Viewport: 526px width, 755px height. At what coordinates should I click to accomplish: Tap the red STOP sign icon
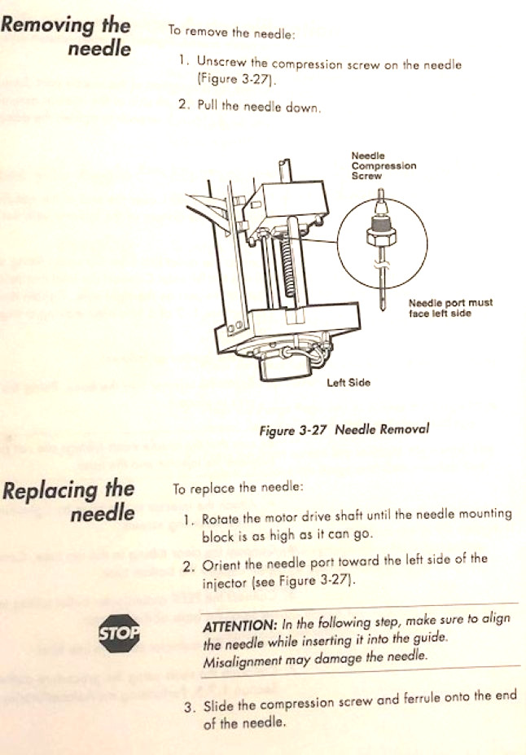(119, 631)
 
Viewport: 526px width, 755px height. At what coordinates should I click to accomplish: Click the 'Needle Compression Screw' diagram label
(383, 165)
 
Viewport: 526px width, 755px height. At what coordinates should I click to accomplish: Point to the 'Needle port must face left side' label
(449, 308)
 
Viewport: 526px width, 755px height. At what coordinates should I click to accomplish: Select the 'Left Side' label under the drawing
(348, 382)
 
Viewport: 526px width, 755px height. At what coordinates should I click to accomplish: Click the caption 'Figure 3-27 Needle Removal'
(344, 429)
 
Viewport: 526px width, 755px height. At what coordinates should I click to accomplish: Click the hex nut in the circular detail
(382, 235)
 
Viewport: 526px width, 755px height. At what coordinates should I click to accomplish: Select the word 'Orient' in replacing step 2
(221, 560)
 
